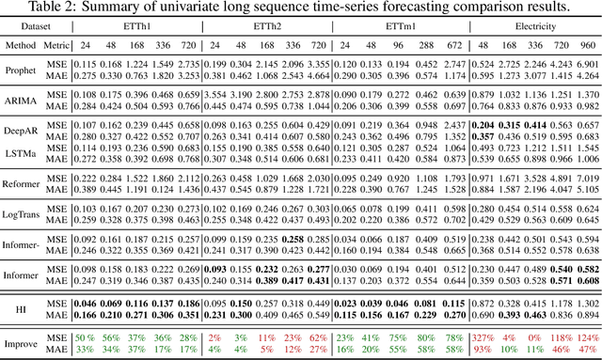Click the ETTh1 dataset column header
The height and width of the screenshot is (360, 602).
pos(149,28)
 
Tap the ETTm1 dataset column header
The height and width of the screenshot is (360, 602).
pos(399,28)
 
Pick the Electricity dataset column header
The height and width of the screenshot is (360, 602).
pos(537,28)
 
